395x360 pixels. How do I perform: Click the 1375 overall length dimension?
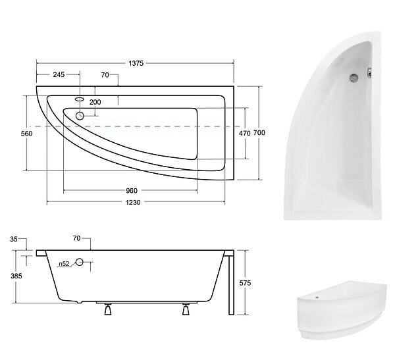[x=136, y=63]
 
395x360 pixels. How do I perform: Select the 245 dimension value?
[x=59, y=74]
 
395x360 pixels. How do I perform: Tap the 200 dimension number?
[x=95, y=102]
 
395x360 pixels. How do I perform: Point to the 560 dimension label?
[x=27, y=134]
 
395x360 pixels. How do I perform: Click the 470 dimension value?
[x=245, y=133]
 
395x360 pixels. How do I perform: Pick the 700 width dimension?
[x=259, y=132]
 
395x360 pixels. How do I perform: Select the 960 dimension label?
[x=132, y=191]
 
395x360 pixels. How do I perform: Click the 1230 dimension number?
[x=133, y=202]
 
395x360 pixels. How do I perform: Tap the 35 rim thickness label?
[x=14, y=239]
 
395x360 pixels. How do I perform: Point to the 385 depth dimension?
[x=16, y=276]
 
